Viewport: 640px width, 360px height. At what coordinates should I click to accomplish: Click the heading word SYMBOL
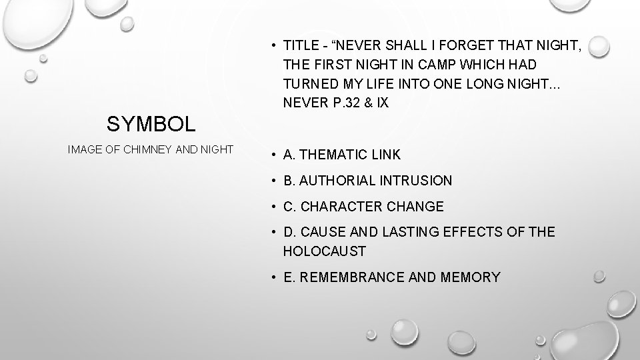(x=151, y=123)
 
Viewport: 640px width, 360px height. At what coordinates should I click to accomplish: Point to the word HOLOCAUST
(x=325, y=251)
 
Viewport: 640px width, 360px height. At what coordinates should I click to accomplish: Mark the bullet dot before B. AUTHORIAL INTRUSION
(x=274, y=181)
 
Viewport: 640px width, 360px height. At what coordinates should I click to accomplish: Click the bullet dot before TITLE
(x=274, y=46)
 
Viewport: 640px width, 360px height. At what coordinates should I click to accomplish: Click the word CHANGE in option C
(x=416, y=207)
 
